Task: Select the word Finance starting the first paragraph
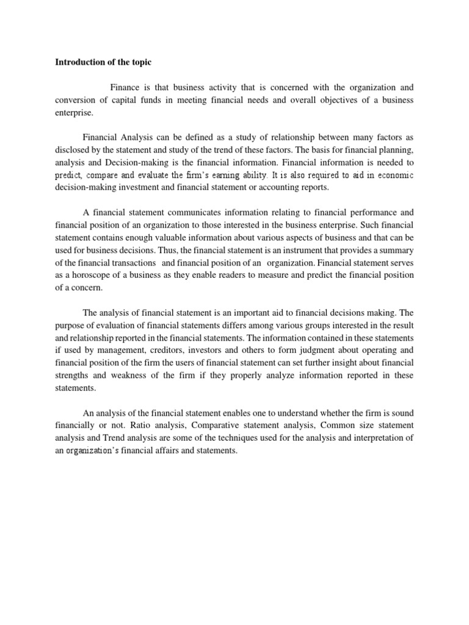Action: click(126, 87)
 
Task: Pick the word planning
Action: click(398, 150)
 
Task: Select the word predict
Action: click(70, 175)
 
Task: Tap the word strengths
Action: click(75, 375)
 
